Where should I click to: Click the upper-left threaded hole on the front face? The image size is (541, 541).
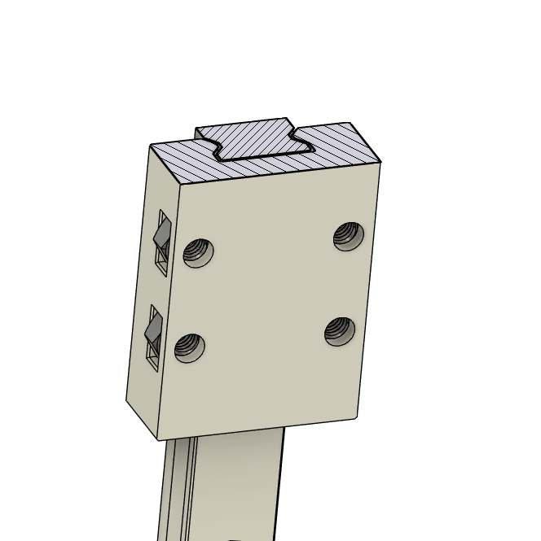(x=198, y=252)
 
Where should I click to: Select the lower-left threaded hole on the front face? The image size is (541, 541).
(x=189, y=348)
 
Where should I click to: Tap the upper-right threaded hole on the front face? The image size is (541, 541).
(x=349, y=236)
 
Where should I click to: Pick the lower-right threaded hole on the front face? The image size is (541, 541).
(x=340, y=330)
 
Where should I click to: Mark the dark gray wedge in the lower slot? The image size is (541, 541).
(x=152, y=329)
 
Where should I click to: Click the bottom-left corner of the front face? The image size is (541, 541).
(x=158, y=440)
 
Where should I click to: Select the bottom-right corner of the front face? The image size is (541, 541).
(x=357, y=418)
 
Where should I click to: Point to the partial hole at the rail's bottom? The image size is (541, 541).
(x=234, y=539)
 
